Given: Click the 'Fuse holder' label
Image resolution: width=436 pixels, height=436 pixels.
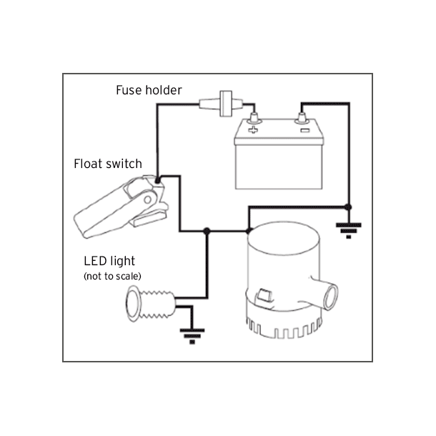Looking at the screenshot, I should [149, 91].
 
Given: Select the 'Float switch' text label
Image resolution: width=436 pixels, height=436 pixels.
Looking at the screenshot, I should [108, 164].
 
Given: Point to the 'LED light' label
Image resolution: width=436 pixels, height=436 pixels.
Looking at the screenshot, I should [109, 262].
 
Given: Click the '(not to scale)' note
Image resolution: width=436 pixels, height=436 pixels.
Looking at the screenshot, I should [112, 276].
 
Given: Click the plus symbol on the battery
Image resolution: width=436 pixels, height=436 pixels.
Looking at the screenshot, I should [252, 130].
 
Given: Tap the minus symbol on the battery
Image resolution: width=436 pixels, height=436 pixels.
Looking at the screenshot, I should [304, 130].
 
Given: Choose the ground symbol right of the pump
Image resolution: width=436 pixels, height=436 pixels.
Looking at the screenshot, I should [348, 229].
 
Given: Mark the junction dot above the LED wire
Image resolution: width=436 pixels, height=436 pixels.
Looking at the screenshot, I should [207, 230].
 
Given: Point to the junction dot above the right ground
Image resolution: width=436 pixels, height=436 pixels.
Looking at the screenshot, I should [348, 207].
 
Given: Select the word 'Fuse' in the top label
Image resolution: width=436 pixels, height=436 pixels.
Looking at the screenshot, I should [130, 91].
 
